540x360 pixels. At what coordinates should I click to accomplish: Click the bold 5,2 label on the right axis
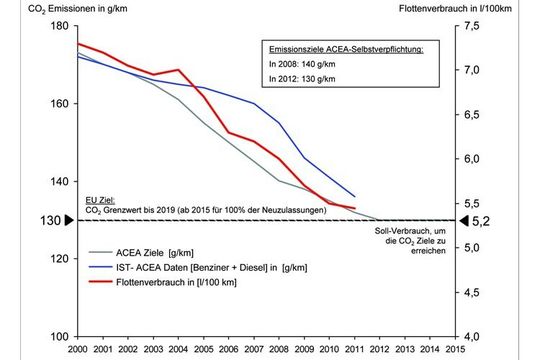[482, 220]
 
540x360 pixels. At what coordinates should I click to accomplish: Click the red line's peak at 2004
[178, 70]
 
